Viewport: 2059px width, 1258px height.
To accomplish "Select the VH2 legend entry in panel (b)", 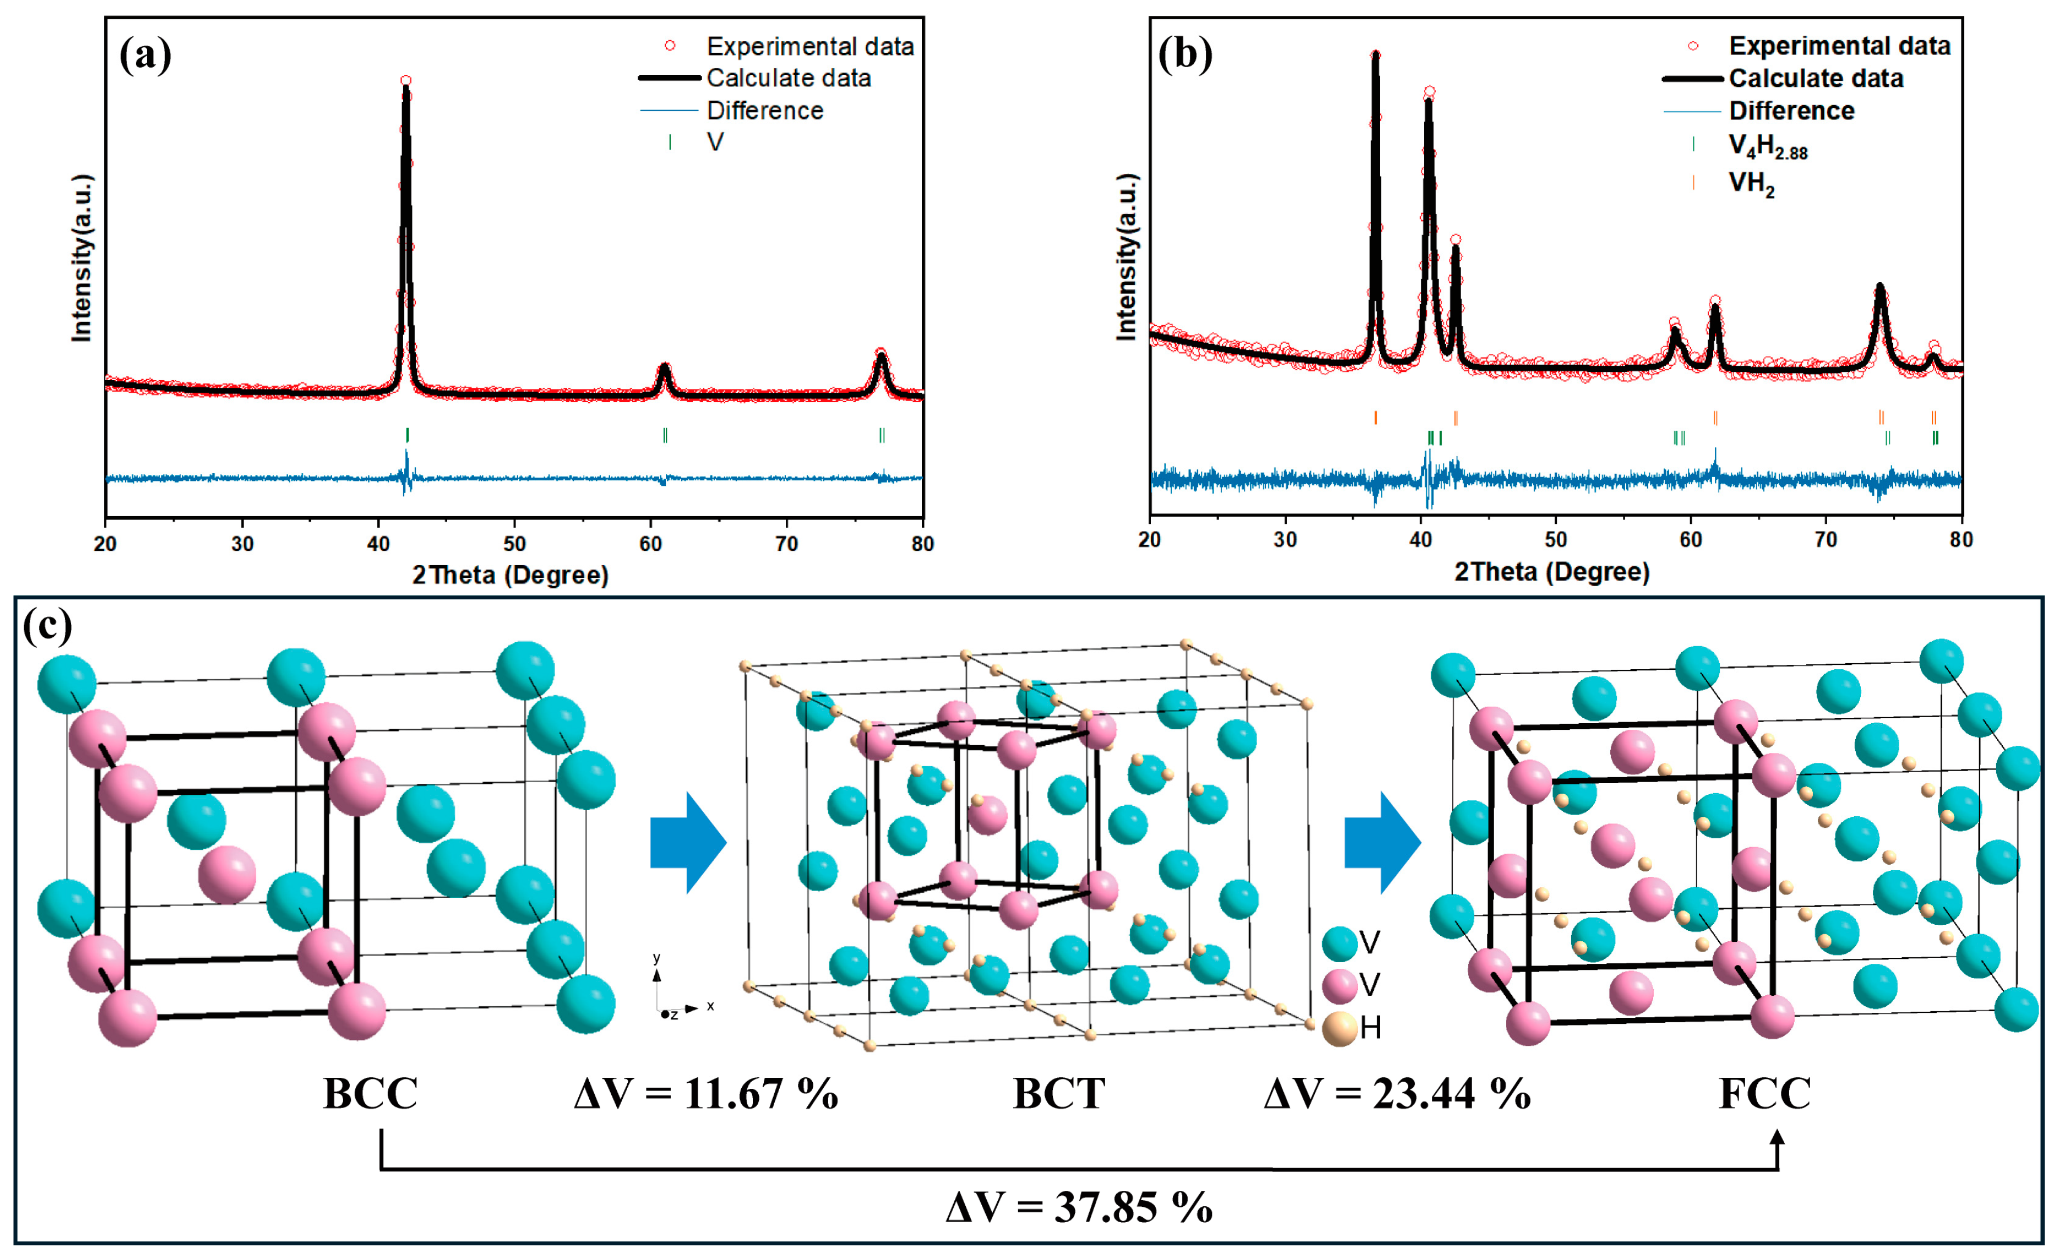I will click(1751, 183).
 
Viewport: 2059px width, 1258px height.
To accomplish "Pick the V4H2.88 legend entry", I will click(1767, 147).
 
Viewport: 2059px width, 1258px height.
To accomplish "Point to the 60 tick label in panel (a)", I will click(650, 544).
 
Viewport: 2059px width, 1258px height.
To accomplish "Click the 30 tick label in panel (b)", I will click(1285, 540).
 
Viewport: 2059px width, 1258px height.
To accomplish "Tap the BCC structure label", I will click(370, 1093).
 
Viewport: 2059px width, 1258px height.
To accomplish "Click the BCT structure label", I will click(1059, 1093).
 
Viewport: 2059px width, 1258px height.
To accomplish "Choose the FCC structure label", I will click(1765, 1093).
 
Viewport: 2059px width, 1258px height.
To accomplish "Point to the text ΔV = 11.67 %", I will click(706, 1093).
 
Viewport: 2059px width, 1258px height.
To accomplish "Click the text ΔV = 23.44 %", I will click(1397, 1093).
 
